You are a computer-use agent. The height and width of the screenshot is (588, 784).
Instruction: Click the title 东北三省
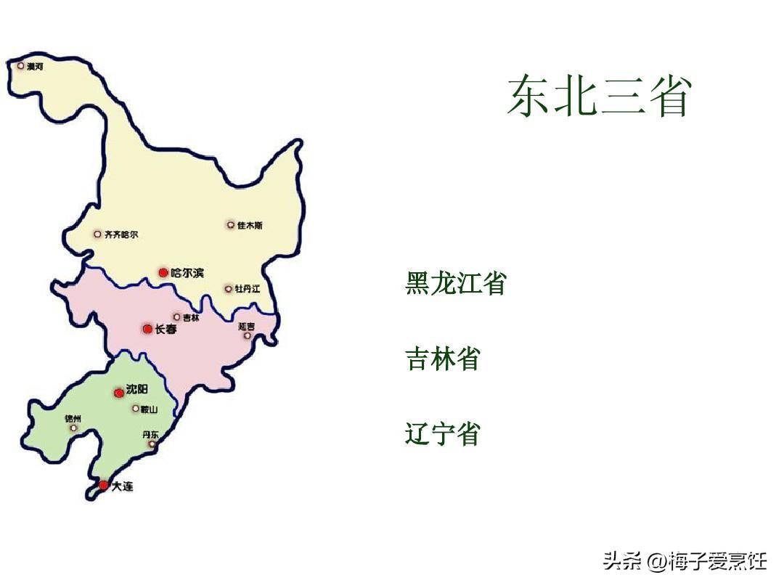598,96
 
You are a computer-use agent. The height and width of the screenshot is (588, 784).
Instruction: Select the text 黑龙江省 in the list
455,283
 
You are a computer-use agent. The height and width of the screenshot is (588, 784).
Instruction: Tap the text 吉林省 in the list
443,359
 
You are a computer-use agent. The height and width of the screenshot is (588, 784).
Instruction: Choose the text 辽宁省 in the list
443,434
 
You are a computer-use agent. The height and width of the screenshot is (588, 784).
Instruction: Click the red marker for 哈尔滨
163,273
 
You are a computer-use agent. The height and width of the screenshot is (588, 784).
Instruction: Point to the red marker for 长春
147,329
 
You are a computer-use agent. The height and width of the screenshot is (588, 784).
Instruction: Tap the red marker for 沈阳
119,393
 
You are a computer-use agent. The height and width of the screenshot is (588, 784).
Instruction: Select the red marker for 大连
104,485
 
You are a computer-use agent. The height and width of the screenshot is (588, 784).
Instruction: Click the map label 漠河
35,66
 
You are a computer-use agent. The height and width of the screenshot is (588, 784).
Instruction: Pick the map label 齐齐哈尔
121,234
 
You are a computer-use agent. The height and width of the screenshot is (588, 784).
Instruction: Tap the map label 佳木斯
250,226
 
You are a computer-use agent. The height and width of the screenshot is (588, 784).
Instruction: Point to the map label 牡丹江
247,289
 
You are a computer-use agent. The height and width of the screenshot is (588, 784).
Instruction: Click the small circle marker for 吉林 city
176,317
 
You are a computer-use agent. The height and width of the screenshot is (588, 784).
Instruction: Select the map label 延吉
246,327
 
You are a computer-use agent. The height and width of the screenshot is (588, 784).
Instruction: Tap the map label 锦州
73,419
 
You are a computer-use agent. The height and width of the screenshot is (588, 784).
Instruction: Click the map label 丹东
150,434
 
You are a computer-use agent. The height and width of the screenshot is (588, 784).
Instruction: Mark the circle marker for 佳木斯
231,225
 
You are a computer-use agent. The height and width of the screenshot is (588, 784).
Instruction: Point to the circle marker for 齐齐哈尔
97,234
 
